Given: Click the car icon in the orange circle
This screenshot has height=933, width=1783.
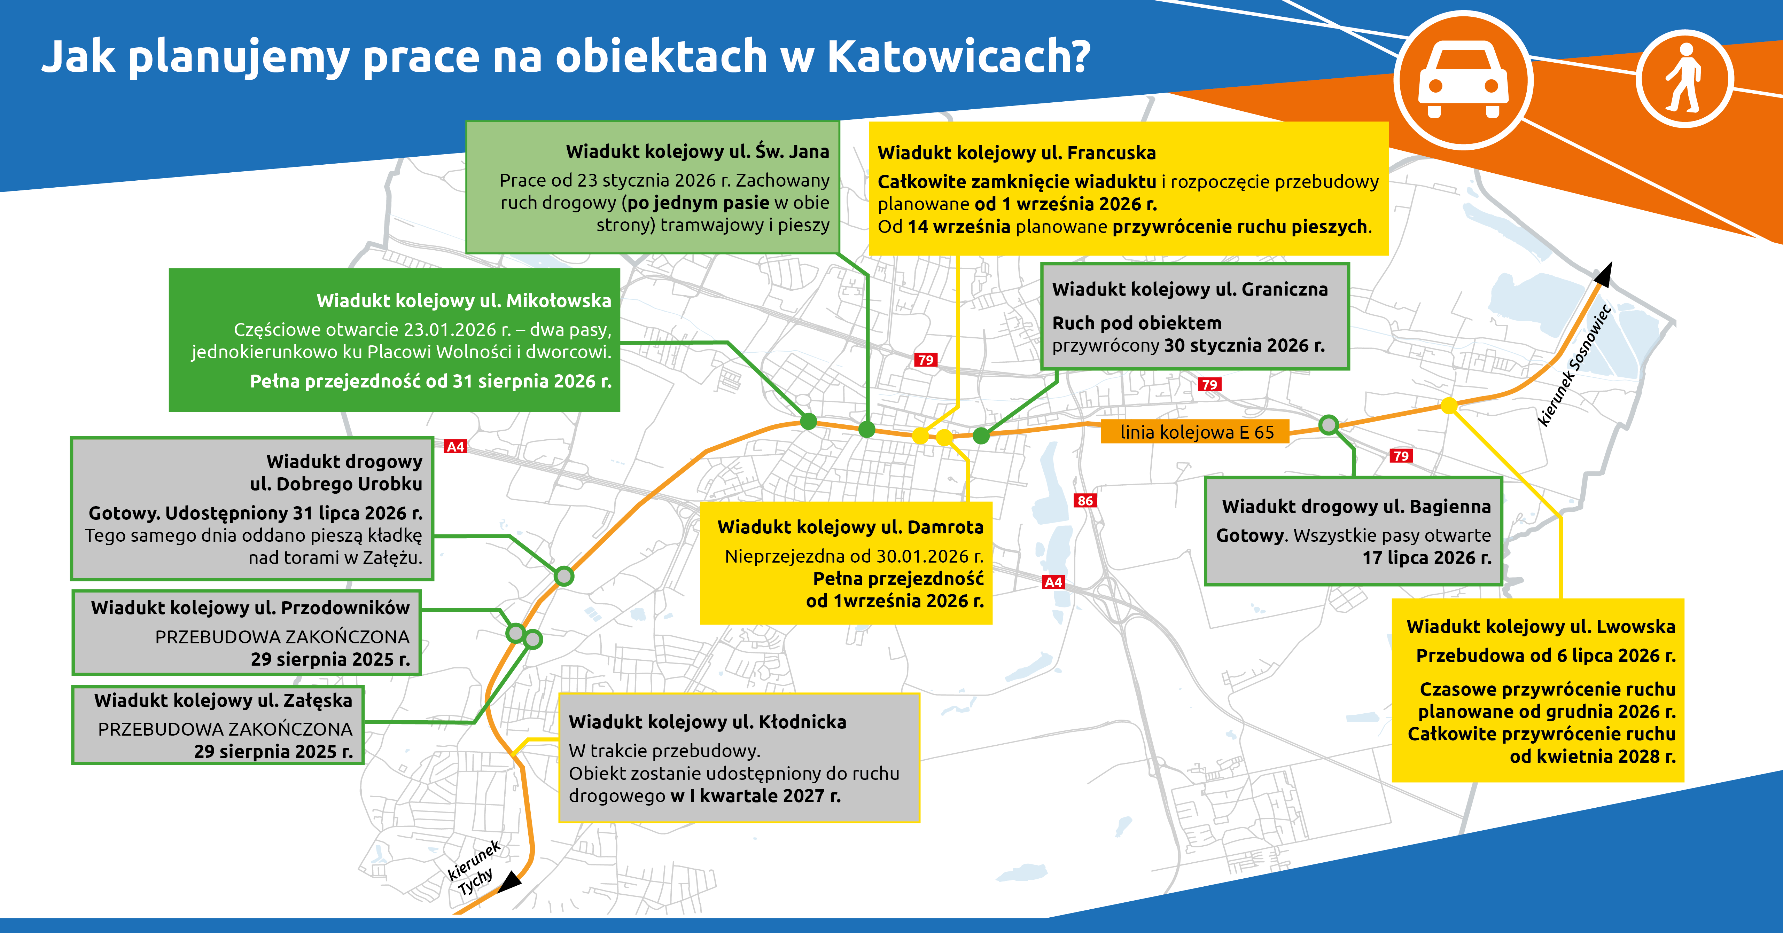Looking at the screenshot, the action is [x=1463, y=80].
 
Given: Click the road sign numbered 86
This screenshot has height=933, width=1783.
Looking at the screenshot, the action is [x=1085, y=500].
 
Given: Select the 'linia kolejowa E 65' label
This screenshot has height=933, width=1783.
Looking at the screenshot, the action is [x=1197, y=432].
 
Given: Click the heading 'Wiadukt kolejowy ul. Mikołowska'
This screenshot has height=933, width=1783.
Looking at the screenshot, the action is [x=464, y=300].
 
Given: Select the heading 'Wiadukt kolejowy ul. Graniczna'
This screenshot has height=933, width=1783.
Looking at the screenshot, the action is [x=1190, y=289].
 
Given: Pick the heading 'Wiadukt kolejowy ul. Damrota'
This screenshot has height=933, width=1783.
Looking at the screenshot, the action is [x=850, y=527].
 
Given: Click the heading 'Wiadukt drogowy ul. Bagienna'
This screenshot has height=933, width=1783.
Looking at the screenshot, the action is [x=1356, y=507].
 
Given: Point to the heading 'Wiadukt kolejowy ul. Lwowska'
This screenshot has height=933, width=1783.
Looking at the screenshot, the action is [x=1541, y=626].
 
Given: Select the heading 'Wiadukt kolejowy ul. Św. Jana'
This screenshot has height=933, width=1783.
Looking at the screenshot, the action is [x=697, y=151].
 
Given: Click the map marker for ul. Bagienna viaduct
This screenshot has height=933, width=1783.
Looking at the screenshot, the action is [x=1328, y=424].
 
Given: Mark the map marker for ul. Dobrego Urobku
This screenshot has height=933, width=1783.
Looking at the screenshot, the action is [x=564, y=576].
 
